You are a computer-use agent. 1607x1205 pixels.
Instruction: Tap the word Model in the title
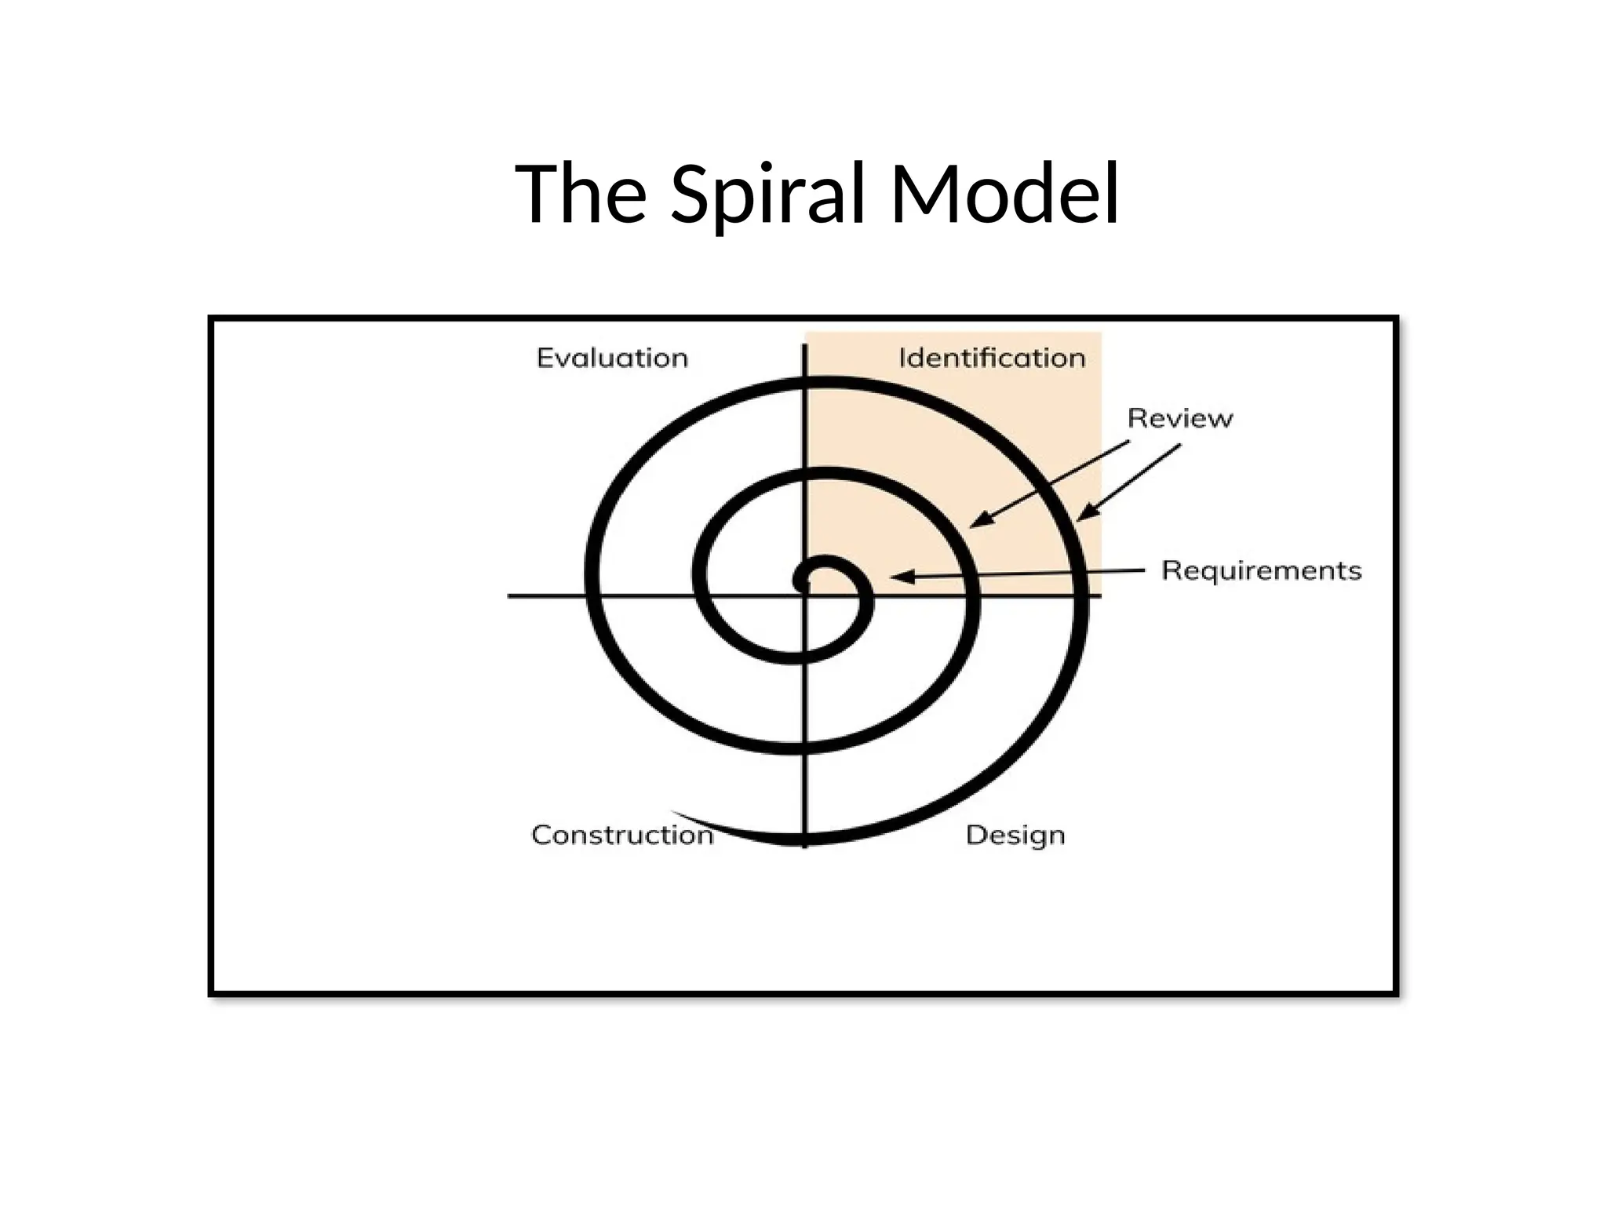[1004, 194]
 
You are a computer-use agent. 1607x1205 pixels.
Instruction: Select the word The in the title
[581, 194]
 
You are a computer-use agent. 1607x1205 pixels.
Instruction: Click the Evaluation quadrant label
[612, 358]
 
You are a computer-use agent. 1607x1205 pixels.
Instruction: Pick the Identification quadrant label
[992, 358]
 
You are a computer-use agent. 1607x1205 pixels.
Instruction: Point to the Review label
[1179, 418]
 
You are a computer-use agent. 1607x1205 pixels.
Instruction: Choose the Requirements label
[1261, 570]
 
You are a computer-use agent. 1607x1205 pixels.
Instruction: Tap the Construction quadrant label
[622, 835]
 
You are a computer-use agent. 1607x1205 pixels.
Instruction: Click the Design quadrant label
[1015, 835]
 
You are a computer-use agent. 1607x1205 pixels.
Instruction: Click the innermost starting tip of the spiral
[800, 584]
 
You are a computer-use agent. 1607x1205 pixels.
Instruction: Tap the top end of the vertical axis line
[805, 347]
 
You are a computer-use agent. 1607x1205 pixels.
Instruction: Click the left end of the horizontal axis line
[510, 596]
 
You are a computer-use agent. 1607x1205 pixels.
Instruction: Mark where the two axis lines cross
[805, 596]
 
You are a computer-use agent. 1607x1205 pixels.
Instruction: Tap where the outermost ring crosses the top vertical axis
[805, 383]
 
